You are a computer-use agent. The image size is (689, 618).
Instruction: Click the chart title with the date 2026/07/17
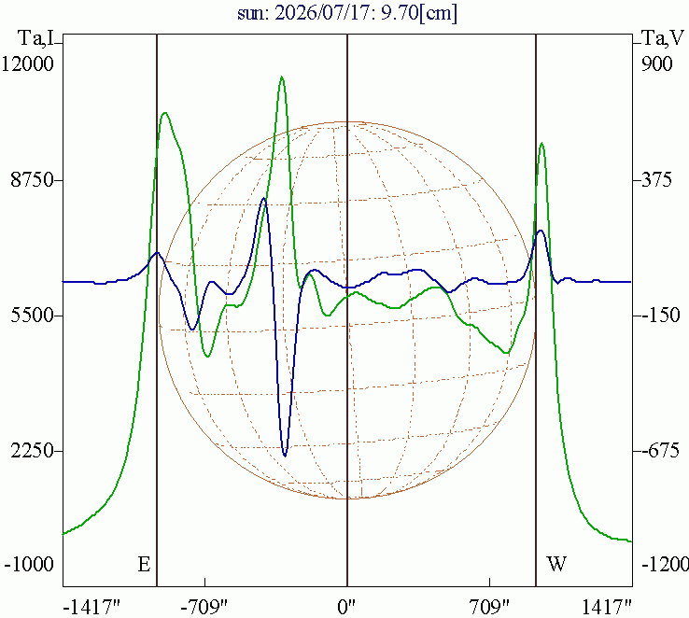pos(347,13)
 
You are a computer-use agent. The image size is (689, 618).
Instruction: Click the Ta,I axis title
pos(36,38)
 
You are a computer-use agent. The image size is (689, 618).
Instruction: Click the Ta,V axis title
pos(663,38)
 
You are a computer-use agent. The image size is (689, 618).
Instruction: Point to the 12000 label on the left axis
pos(27,63)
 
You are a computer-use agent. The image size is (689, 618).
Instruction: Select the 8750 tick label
pos(32,180)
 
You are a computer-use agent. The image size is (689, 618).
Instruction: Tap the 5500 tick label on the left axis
pos(32,316)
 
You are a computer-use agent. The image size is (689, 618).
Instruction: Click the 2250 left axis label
pos(32,451)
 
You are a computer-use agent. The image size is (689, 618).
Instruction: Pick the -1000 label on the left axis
pos(29,564)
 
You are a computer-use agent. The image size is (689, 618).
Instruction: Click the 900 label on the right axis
pos(656,63)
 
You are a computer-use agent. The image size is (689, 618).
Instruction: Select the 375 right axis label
pos(656,180)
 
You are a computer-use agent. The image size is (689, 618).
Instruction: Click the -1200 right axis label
pos(665,564)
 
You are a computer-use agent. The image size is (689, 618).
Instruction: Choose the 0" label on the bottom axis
pos(346,608)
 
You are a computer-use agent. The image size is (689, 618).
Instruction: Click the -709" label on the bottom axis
pos(205,608)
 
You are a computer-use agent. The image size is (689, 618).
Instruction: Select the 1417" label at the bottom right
pos(607,608)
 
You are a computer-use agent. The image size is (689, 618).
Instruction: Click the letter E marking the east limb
pos(144,564)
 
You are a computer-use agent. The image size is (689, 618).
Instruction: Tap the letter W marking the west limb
pos(556,564)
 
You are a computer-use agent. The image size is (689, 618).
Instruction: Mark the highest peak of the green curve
pos(282,77)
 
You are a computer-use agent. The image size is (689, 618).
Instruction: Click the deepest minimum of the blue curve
pos(285,456)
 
